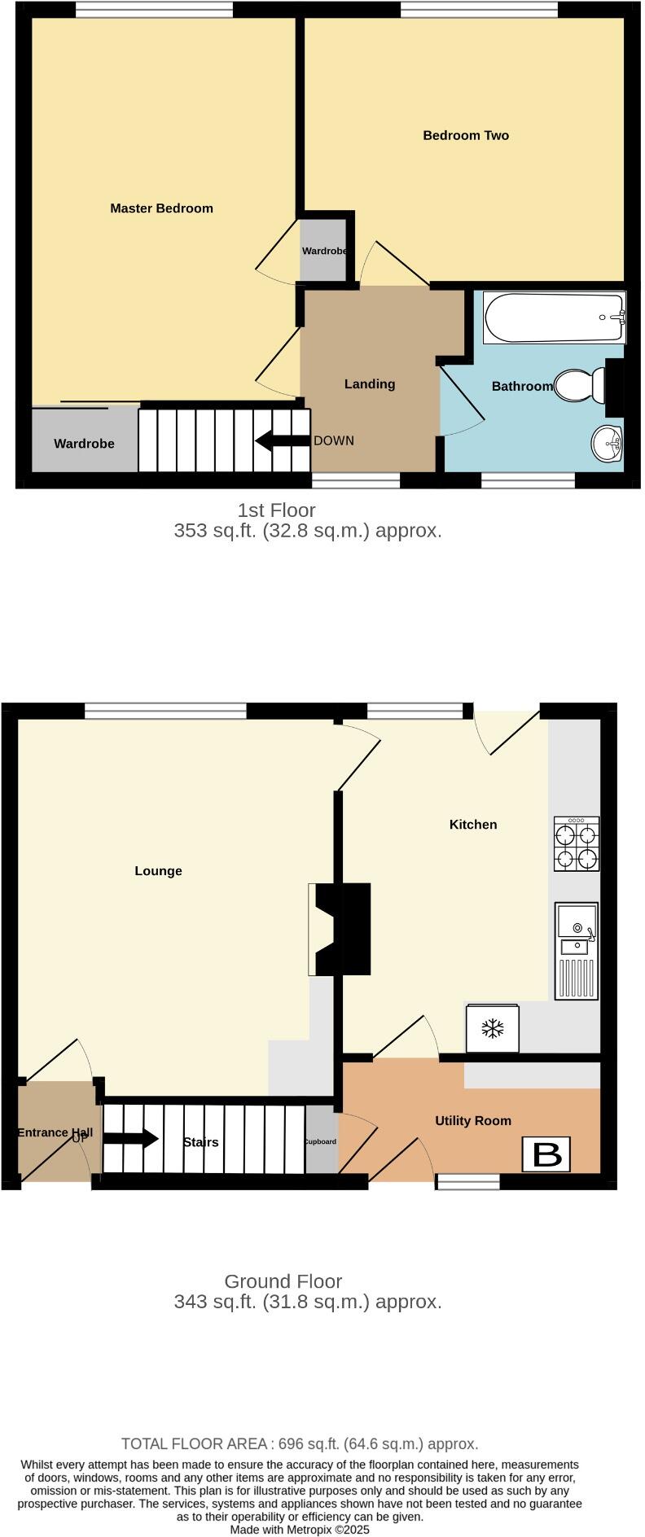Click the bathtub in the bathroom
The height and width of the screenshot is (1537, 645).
click(554, 317)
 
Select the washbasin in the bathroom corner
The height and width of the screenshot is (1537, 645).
click(606, 444)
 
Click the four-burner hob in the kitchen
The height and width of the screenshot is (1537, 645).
click(577, 844)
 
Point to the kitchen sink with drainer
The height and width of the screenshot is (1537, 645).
click(577, 950)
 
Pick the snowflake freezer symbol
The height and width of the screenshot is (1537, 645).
click(492, 1029)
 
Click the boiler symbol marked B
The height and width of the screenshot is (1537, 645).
click(547, 1154)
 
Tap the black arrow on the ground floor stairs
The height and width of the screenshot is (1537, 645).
click(130, 1138)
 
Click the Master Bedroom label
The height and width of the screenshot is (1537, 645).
click(161, 208)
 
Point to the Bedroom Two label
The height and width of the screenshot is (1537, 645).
click(466, 136)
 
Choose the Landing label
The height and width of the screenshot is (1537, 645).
click(370, 384)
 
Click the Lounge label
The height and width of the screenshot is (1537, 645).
click(158, 871)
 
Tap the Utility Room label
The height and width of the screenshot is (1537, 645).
click(473, 1121)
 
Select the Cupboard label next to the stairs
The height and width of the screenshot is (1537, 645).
click(320, 1141)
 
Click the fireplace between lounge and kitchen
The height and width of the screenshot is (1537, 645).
click(340, 929)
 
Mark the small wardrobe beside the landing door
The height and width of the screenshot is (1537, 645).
click(324, 250)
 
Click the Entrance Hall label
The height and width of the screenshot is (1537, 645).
click(55, 1132)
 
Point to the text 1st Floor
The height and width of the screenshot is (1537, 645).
click(276, 510)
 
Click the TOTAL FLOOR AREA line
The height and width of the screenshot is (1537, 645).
click(300, 1443)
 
